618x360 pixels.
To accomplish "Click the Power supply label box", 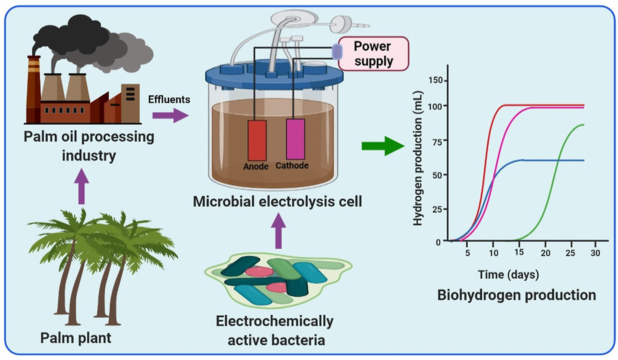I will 373,54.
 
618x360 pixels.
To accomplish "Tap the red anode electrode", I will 257,140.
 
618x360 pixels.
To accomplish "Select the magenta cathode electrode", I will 295,139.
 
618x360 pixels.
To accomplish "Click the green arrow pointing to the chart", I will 382,146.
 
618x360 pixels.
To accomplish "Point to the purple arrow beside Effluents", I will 170,116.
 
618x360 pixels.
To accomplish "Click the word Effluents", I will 169,100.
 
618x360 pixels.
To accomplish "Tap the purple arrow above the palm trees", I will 82,187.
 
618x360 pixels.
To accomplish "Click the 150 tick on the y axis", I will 436,80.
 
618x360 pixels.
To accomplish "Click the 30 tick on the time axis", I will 595,253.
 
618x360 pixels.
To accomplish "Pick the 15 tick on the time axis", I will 519,252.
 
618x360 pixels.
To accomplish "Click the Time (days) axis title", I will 508,275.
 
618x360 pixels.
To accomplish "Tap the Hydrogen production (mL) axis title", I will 418,158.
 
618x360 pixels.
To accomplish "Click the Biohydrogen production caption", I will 516,295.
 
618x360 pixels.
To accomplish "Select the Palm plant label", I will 76,338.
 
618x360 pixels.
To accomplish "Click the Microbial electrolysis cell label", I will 277,202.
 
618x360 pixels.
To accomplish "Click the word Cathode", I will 292,166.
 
